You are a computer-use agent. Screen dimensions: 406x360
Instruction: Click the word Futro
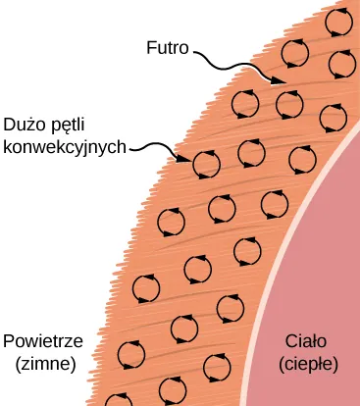(x=169, y=45)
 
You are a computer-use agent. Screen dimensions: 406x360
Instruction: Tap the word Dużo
(x=25, y=126)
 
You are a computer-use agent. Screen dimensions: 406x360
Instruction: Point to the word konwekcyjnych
(x=65, y=148)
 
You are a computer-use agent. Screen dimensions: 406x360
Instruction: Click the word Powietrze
(x=42, y=341)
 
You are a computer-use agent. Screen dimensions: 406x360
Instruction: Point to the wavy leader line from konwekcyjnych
(x=155, y=149)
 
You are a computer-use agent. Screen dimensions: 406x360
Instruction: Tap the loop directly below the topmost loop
(x=342, y=63)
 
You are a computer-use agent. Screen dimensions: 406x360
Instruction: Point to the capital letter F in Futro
(x=149, y=45)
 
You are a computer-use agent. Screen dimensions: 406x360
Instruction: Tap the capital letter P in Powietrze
(x=9, y=341)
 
